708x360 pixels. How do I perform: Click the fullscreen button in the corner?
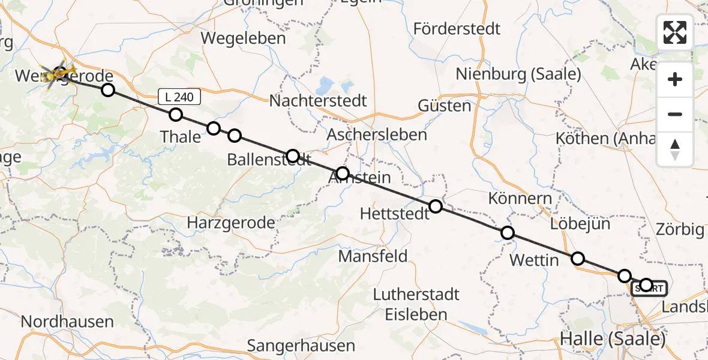[x=675, y=32]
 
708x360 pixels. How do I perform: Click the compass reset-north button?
[x=675, y=149]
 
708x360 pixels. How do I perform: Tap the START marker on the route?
[x=649, y=289]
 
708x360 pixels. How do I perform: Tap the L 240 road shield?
[x=179, y=97]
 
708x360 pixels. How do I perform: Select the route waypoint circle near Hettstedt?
[x=436, y=206]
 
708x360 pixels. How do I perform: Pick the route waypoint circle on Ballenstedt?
[x=293, y=156]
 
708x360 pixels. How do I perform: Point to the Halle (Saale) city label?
[x=613, y=339]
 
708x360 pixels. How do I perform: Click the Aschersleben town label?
[x=377, y=134]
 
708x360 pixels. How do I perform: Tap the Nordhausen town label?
[x=67, y=322]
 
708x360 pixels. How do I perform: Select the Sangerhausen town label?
[x=301, y=346]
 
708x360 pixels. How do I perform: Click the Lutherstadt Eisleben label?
[x=416, y=304]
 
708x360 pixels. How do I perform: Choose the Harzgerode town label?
[x=231, y=223]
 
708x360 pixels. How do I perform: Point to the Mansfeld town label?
[x=373, y=256]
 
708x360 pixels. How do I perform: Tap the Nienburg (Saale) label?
[x=518, y=74]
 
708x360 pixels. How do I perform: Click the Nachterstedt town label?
[x=317, y=100]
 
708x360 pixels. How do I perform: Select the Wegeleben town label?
[x=244, y=38]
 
